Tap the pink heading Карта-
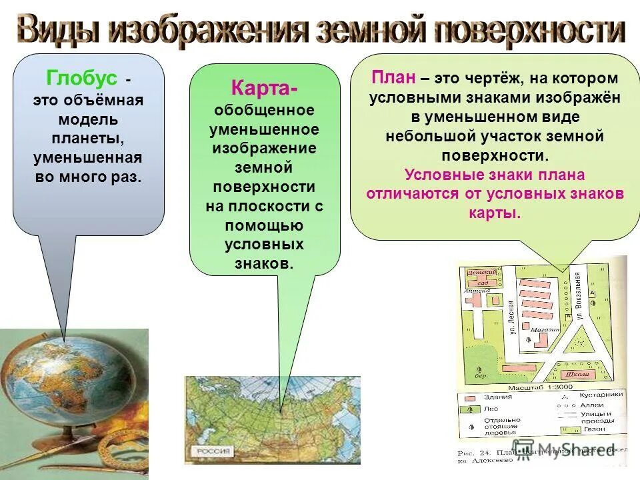(265, 88)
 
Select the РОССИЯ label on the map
(213, 451)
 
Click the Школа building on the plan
(575, 374)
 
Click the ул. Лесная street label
(512, 319)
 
